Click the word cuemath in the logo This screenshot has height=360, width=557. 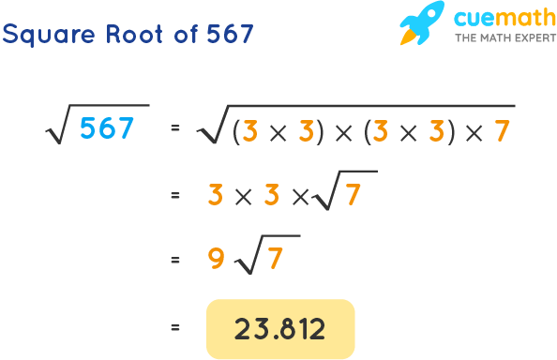493,17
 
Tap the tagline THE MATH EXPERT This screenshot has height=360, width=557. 493,38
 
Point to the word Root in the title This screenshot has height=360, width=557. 133,35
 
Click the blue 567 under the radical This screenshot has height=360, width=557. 107,129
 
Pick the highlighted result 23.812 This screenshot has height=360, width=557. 280,329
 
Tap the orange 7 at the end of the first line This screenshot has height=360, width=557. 502,130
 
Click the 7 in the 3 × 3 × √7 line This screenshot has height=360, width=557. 353,196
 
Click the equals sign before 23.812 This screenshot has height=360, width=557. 174,329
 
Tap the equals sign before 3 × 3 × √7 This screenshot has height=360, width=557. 174,196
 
